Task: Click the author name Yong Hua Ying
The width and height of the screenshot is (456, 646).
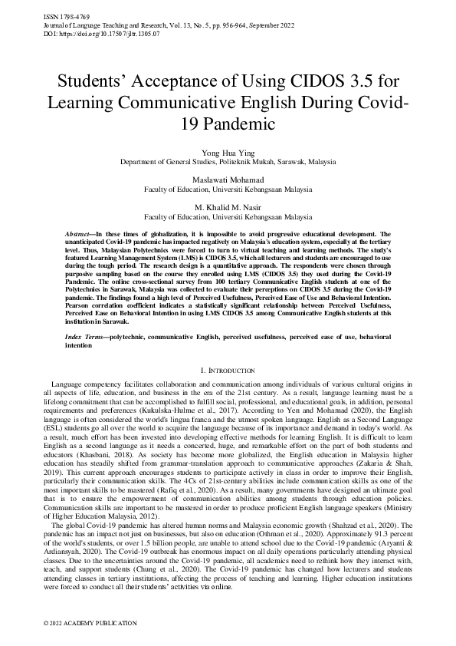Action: (x=228, y=153)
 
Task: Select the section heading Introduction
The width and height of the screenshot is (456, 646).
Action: (x=232, y=371)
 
